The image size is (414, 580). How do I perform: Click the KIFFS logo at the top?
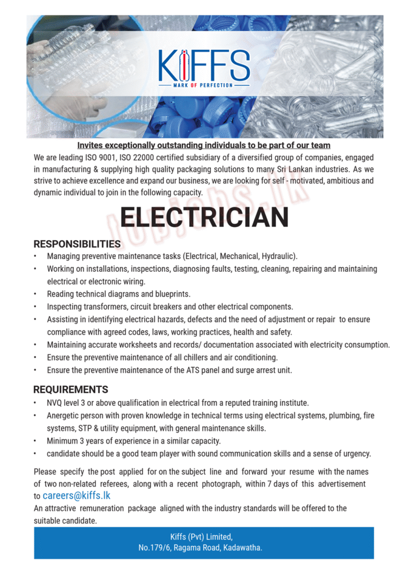tap(204, 65)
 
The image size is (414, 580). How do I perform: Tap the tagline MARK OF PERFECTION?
tap(203, 85)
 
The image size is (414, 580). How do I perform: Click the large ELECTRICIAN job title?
tap(204, 217)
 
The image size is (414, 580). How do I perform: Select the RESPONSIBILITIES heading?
tap(77, 244)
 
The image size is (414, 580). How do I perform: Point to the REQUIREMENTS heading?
tap(70, 390)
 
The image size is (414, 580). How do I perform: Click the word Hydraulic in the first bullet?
tap(278, 257)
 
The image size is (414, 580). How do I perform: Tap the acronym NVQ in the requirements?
tap(56, 403)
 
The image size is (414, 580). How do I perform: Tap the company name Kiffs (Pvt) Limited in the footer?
tap(202, 537)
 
